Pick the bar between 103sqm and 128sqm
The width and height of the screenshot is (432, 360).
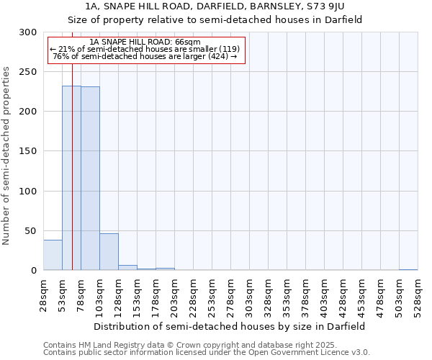coord(109,252)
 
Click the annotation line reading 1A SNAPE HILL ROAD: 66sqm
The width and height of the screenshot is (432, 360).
coord(146,42)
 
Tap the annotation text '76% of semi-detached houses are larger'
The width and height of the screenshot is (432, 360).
coord(145,56)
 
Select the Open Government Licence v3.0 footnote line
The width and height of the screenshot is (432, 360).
coord(206,353)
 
